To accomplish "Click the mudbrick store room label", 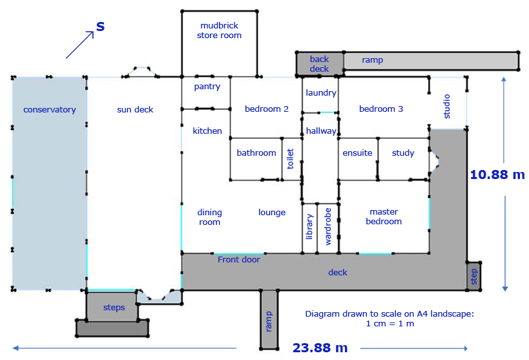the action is point(220,30).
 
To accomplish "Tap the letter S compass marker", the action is point(100,26).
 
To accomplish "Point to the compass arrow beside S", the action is point(79,45).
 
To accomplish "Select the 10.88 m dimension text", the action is point(497,175).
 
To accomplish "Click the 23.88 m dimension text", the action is point(320,348).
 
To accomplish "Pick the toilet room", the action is point(292,159).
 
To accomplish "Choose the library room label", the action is point(309,227).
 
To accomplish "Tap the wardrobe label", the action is point(327,227).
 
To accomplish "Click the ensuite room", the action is point(358,159).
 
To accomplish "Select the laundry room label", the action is point(321,92).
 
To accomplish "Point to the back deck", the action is point(320,63).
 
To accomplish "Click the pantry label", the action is point(207,87).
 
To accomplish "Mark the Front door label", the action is point(239,259).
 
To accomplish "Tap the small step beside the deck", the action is point(473,276).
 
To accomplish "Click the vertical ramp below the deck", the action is point(269,319).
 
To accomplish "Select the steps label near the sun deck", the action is point(114,308).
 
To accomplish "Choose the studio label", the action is point(447,107).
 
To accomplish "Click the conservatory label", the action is point(50,110).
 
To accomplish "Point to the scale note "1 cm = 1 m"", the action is point(389,324).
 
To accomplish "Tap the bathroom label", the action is point(256,153).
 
